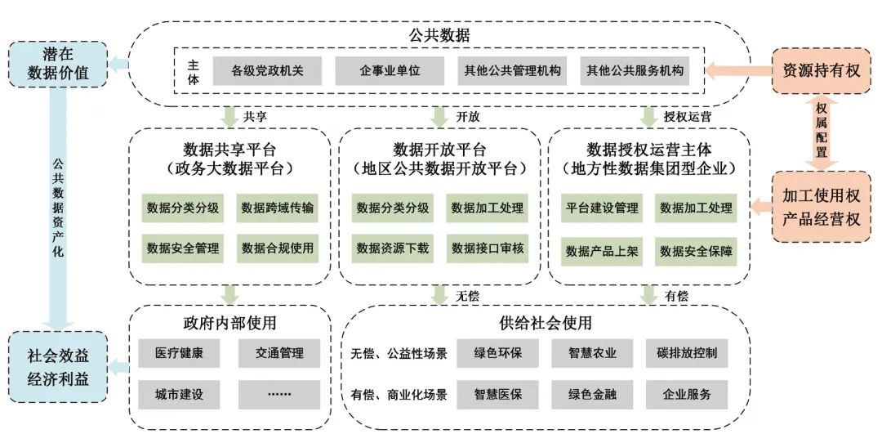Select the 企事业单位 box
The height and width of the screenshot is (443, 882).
(390, 71)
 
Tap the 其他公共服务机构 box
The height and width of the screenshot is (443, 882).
(634, 71)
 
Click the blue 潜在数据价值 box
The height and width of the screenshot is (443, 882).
(58, 65)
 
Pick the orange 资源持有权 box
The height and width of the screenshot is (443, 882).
(821, 70)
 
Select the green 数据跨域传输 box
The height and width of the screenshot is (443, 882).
(277, 208)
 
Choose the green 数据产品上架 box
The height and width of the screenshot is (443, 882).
(603, 250)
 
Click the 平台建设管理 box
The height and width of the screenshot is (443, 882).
(603, 208)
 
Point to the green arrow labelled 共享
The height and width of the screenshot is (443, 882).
(232, 116)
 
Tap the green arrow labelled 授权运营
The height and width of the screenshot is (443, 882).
(652, 116)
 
